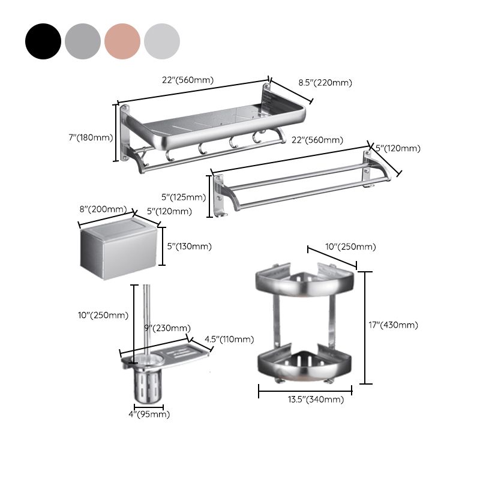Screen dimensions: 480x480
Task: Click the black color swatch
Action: point(43,41)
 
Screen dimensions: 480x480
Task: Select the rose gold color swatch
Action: point(122,41)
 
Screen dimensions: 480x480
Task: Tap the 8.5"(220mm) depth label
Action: point(325,83)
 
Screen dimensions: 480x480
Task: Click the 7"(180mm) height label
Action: point(91,137)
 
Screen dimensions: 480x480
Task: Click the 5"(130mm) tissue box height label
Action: point(188,246)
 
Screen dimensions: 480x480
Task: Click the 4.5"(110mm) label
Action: point(229,340)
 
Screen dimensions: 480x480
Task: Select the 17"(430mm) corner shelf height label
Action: point(394,325)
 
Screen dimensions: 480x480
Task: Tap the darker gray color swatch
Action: point(83,41)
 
